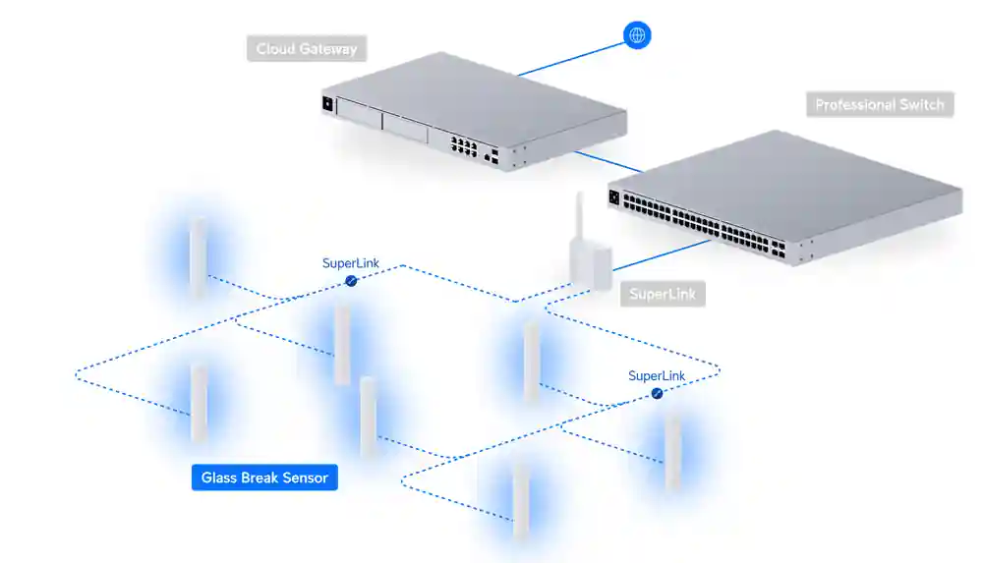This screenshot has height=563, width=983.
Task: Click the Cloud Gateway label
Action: [307, 49]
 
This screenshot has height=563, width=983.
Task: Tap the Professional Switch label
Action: [879, 105]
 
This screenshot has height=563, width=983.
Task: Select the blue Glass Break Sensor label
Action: [264, 479]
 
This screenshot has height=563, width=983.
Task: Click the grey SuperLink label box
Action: [662, 294]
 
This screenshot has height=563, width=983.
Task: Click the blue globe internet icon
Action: [637, 36]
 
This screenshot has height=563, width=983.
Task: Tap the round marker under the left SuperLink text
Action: [351, 281]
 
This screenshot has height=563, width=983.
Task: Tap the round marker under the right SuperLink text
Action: [657, 393]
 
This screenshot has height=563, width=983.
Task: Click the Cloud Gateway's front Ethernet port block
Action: [464, 146]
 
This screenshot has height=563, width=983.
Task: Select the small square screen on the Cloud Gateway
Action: [327, 102]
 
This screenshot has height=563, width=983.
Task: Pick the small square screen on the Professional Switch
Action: [615, 197]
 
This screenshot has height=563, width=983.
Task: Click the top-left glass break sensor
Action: [198, 257]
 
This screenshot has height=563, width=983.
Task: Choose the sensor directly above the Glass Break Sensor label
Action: [199, 403]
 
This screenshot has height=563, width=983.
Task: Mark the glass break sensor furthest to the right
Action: [672, 450]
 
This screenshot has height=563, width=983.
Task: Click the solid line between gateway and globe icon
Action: [570, 57]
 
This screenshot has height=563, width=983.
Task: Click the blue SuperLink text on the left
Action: [351, 263]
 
